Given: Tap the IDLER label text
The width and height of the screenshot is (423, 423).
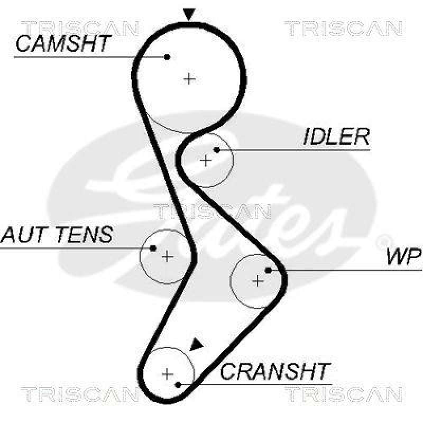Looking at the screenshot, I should (x=336, y=137).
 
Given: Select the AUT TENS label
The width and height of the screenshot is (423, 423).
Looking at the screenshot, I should (x=57, y=234).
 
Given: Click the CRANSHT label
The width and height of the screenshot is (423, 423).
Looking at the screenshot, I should (x=275, y=372).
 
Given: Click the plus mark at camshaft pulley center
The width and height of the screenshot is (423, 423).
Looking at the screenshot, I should (x=189, y=79).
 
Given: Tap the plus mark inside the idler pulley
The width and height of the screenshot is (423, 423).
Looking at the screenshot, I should (x=206, y=160).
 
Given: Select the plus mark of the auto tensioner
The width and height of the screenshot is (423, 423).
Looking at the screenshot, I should (x=167, y=257).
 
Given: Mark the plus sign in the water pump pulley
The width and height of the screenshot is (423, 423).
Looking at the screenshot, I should (x=258, y=281).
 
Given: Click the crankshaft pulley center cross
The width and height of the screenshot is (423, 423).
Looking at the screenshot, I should (x=168, y=374).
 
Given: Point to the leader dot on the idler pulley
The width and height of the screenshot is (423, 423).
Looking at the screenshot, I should (x=216, y=150).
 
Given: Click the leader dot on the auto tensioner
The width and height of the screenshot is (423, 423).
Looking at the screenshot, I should (x=153, y=247).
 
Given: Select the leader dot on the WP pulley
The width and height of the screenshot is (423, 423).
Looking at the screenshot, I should (x=268, y=270).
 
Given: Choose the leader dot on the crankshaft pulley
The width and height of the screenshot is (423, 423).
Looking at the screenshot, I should (x=179, y=384).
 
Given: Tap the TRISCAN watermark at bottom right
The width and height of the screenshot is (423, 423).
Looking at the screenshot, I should (x=344, y=394).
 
